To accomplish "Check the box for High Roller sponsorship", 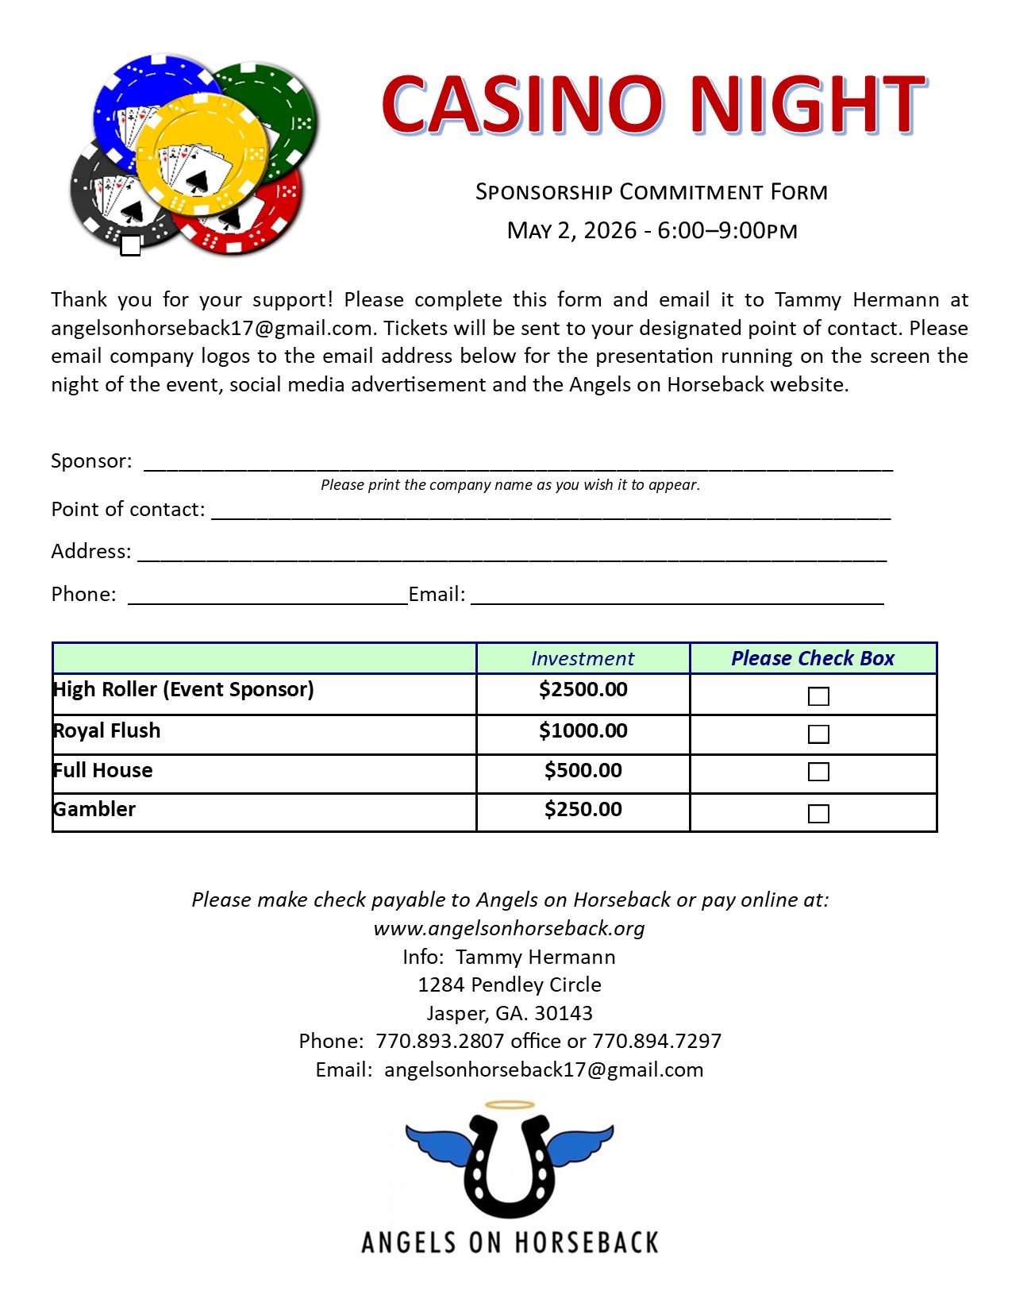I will click(x=818, y=696).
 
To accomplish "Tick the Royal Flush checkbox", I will click(x=818, y=734).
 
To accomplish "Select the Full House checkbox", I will click(x=818, y=772).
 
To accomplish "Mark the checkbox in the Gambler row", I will click(x=818, y=814).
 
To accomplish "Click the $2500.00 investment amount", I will click(x=583, y=689).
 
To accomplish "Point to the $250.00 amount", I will click(x=583, y=810).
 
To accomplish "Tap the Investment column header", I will click(x=583, y=659).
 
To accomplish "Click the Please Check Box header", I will click(x=813, y=659).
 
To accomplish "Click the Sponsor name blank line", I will click(x=518, y=464).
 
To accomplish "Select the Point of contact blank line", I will click(x=551, y=512).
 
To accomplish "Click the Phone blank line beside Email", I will click(x=267, y=597).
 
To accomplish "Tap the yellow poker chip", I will click(x=202, y=153).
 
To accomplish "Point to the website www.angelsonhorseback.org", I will click(x=509, y=928).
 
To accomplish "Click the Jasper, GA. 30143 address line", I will click(x=509, y=1013).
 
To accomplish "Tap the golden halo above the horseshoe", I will click(x=510, y=1104).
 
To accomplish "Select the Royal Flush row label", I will click(x=107, y=731).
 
